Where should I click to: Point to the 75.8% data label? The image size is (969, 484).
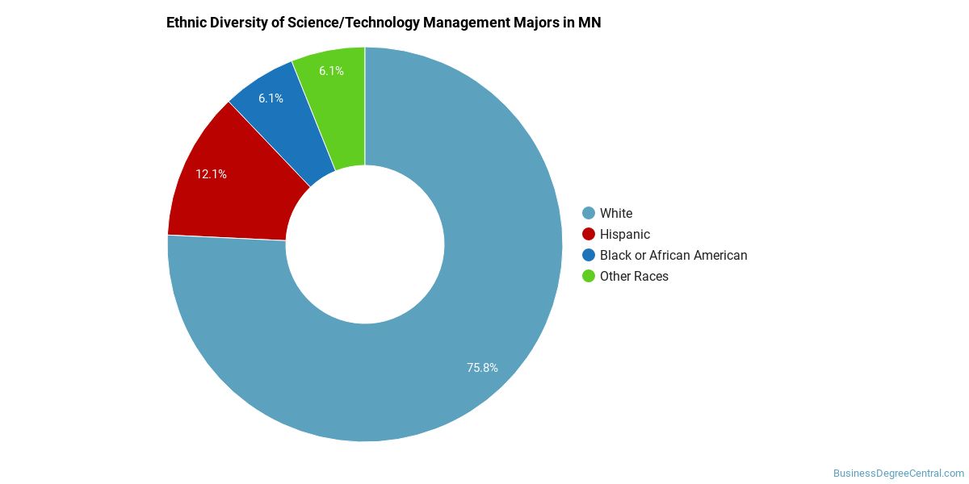pos(482,368)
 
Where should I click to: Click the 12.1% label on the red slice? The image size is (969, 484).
pos(211,173)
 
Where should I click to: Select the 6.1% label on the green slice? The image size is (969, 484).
pos(331,71)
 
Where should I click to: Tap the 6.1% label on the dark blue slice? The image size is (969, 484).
pos(271,98)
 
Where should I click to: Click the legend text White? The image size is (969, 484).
pos(616,213)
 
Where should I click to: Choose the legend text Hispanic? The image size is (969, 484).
pos(625,234)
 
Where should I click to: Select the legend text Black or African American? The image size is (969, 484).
pos(673,255)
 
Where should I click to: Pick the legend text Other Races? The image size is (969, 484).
pos(634,276)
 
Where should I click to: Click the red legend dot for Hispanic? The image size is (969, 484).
pos(589,234)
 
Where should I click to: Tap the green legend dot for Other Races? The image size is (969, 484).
pos(589,276)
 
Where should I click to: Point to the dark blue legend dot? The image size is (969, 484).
pos(589,255)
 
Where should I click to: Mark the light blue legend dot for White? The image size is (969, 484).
pos(589,213)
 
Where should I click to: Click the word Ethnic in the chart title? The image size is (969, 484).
pos(187,23)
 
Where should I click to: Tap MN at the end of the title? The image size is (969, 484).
pos(589,23)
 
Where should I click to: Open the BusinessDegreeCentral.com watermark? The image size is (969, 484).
pos(898,474)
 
